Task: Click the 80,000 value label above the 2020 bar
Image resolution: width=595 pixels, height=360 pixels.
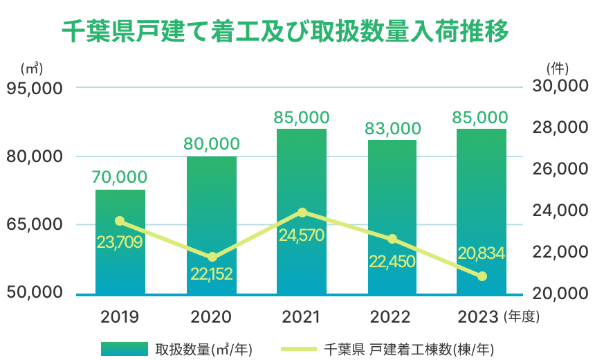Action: click(x=211, y=144)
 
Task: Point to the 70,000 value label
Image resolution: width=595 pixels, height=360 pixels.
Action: click(x=120, y=177)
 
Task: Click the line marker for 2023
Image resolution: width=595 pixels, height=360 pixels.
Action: click(x=482, y=276)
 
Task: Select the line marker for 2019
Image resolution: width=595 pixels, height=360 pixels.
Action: click(x=120, y=221)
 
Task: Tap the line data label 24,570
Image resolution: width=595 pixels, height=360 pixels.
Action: click(x=302, y=235)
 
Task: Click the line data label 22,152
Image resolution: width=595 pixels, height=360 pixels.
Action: click(x=211, y=273)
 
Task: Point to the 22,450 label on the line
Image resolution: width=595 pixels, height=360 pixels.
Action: click(x=392, y=261)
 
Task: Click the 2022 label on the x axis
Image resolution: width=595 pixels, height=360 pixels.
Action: click(x=392, y=317)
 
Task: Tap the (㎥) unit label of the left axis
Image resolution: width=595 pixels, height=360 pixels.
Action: click(x=32, y=69)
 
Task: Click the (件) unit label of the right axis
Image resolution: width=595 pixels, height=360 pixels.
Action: click(x=557, y=69)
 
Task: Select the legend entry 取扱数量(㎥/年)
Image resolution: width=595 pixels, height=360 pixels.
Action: click(x=176, y=348)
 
